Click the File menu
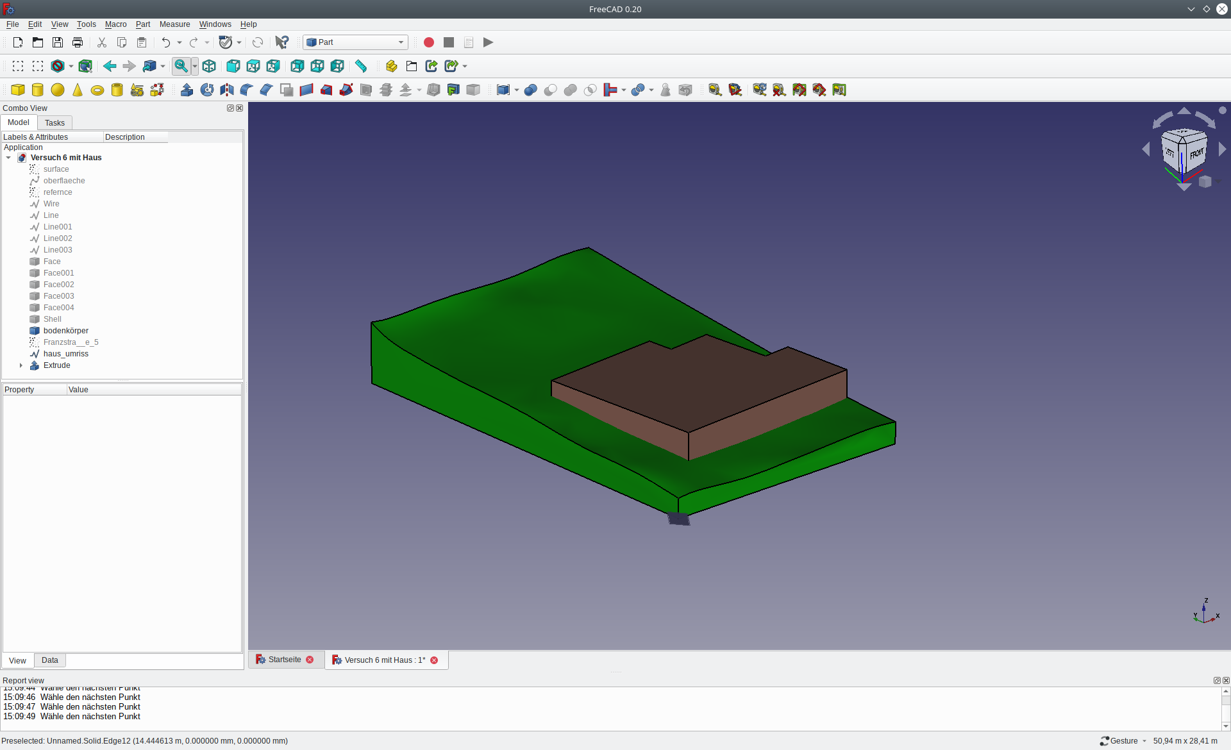[x=12, y=24]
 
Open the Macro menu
[x=115, y=24]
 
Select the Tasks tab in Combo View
[x=54, y=123]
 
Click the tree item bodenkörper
[x=65, y=331]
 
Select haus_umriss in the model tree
[x=65, y=354]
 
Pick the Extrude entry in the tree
[x=56, y=365]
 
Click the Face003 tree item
[x=58, y=296]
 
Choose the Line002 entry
[x=58, y=238]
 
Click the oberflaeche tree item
[x=64, y=181]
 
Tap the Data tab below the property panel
[x=49, y=660]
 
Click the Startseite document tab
[x=284, y=660]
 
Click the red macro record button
[x=429, y=42]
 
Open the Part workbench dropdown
[x=356, y=42]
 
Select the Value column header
[x=78, y=390]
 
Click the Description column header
[x=125, y=137]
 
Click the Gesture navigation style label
[x=1123, y=741]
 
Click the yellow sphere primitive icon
[x=58, y=90]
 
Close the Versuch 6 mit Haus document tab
[x=434, y=660]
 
